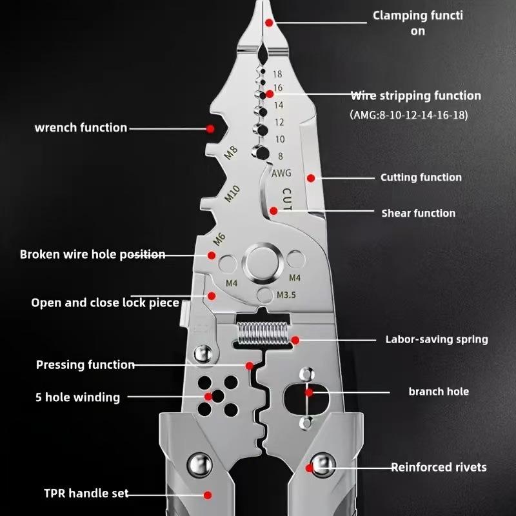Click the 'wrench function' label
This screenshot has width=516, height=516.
pos(81,127)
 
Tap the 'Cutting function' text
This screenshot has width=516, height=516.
pos(421,177)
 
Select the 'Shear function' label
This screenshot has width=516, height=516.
pos(418,213)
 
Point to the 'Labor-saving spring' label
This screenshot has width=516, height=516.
pos(436,339)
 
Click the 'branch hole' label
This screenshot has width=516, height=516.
pos(439,392)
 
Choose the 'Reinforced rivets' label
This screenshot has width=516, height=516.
pos(439,467)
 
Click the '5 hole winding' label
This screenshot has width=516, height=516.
pos(77,397)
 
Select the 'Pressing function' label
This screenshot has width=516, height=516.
pos(85,365)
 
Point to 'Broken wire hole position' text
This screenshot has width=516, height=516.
pos(92,254)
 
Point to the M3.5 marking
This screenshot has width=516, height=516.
pos(286,295)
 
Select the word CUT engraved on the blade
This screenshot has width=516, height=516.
pos(286,199)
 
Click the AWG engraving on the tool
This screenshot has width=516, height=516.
pos(281,173)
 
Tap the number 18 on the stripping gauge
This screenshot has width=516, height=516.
pos(277,75)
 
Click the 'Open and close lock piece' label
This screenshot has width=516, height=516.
pos(104,303)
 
